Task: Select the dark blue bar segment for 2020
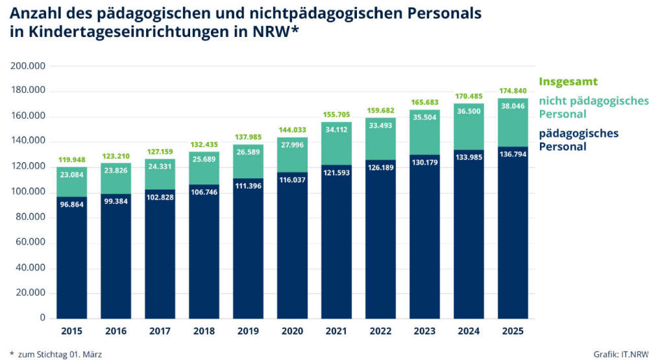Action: [x=292, y=246]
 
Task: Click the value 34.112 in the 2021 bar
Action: [x=336, y=129]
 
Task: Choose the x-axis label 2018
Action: [x=204, y=331]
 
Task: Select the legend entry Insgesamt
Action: [x=568, y=82]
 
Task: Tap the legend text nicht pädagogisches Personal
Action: [x=593, y=107]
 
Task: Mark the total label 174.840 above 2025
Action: [x=513, y=90]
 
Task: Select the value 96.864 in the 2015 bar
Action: [x=71, y=204]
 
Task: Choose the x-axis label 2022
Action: [x=380, y=331]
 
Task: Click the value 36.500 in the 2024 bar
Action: [x=469, y=112]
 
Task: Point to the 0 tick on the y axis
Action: [x=42, y=318]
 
